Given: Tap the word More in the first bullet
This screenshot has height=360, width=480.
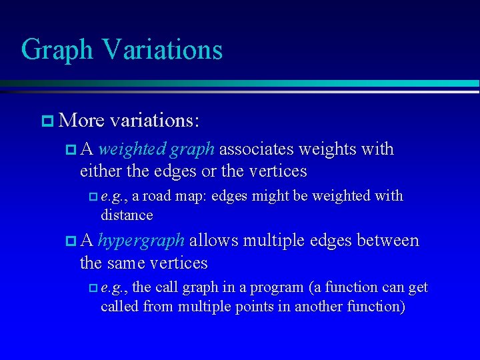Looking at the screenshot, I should tap(81, 121).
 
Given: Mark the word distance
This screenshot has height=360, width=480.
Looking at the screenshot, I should tap(127, 215).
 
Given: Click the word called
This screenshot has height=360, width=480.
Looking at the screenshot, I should tap(118, 307).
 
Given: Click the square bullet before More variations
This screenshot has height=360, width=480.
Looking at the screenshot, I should tap(47, 121).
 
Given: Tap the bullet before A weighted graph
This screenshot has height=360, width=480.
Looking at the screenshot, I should tap(71, 149).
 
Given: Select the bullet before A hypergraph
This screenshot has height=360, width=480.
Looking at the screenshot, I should tap(71, 241).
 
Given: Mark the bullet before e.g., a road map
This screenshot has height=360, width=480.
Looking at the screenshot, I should tap(92, 197).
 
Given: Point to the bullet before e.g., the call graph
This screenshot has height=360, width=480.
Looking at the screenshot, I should tap(92, 288).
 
